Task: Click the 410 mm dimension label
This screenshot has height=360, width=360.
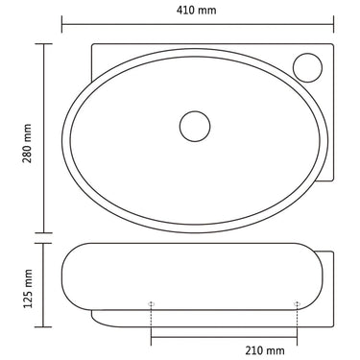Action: [x=196, y=10]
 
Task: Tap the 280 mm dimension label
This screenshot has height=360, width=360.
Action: [x=27, y=143]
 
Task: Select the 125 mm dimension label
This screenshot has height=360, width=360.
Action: [x=28, y=289]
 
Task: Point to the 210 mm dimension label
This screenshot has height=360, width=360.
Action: [x=265, y=350]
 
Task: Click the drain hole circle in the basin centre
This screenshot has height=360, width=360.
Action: [x=195, y=126]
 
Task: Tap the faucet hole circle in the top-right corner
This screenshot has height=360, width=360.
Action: [x=307, y=67]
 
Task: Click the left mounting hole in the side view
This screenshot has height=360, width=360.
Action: [x=151, y=303]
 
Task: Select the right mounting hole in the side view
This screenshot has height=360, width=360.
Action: [x=297, y=303]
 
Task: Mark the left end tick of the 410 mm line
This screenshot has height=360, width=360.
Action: [x=61, y=24]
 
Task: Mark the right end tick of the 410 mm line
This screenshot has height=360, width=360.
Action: [x=333, y=24]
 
